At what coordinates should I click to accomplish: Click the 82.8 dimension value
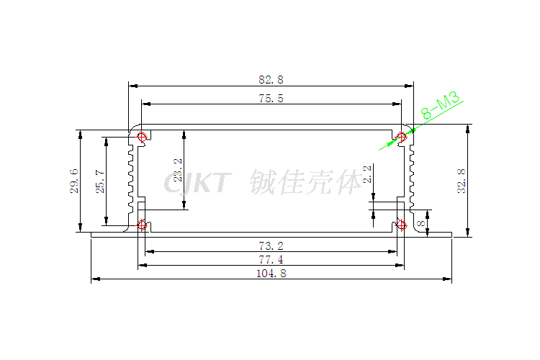pyautogui.click(x=271, y=78)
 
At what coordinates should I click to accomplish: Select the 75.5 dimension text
pyautogui.click(x=271, y=99)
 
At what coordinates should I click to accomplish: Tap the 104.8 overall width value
pyautogui.click(x=271, y=274)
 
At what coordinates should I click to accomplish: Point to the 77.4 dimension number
pyautogui.click(x=271, y=260)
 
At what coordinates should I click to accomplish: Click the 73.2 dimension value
pyautogui.click(x=271, y=246)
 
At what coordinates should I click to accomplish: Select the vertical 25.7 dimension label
pyautogui.click(x=100, y=182)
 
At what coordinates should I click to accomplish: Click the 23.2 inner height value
pyautogui.click(x=178, y=171)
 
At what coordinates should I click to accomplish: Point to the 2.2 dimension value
pyautogui.click(x=367, y=174)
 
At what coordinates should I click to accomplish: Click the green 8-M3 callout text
pyautogui.click(x=441, y=105)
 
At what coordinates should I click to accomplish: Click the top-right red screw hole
pyautogui.click(x=401, y=136)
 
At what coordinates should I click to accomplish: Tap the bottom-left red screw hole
pyautogui.click(x=142, y=225)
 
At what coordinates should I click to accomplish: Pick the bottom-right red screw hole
pyautogui.click(x=401, y=225)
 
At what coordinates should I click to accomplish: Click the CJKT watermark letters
pyautogui.click(x=197, y=183)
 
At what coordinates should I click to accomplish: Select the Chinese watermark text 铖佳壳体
pyautogui.click(x=307, y=183)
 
